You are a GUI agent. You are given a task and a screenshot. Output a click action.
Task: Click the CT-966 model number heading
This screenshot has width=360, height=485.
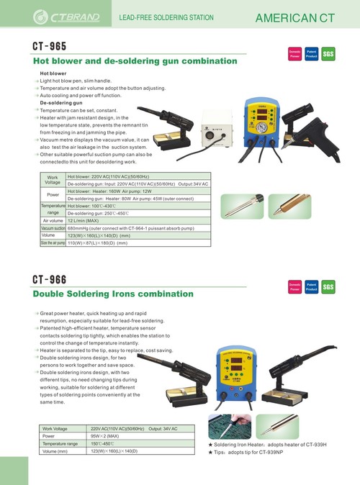50,280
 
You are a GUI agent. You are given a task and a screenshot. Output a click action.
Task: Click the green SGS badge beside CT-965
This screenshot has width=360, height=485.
328,54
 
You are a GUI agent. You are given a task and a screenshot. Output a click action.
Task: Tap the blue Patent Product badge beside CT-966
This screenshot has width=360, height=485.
312,287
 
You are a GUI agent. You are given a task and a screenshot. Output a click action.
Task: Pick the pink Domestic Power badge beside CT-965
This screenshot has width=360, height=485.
295,54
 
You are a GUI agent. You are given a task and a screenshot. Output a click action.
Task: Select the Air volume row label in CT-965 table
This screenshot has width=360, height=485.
53,221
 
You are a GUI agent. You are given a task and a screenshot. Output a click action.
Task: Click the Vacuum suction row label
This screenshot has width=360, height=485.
53,228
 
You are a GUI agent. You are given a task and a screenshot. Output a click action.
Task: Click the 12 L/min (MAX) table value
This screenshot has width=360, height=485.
85,221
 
